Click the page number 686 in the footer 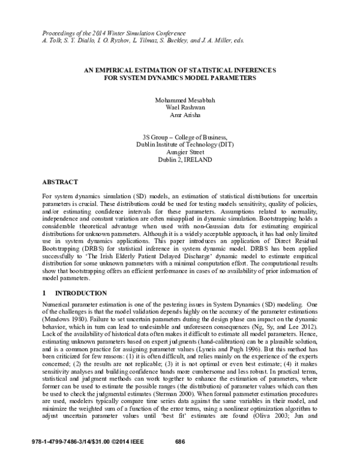click(179, 458)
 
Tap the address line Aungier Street click(180, 152)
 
